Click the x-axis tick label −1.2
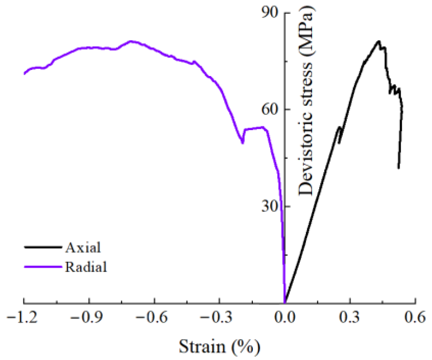[x=23, y=318]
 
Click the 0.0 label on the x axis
[x=285, y=318]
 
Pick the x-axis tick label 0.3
[x=350, y=318]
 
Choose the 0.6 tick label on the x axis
[x=415, y=318]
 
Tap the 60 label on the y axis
[x=270, y=110]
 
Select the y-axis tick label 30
[x=270, y=206]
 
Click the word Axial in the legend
[x=83, y=247]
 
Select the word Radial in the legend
[x=86, y=267]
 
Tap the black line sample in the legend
[x=43, y=247]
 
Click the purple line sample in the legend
[x=43, y=267]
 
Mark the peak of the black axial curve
[x=378, y=41]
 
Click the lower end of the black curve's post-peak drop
[x=398, y=168]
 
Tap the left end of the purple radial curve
[x=24, y=74]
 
